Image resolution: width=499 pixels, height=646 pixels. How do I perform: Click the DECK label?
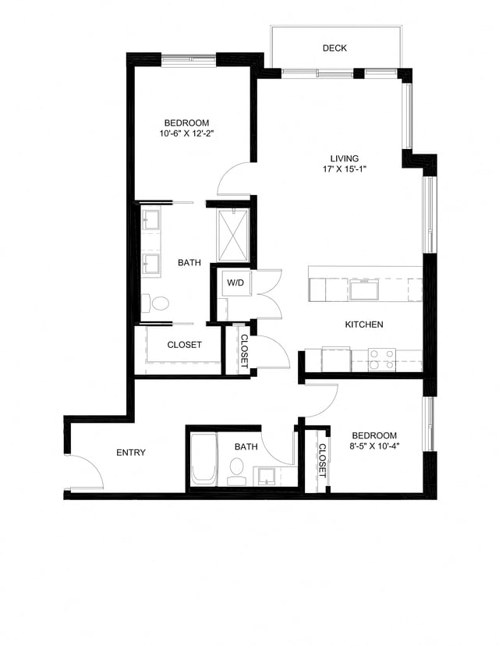coord(334,48)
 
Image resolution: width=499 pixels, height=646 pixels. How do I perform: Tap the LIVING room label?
coord(344,158)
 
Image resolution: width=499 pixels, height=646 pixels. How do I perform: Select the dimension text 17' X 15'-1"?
coord(344,169)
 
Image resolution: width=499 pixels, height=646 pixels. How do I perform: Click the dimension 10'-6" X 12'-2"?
coord(186,133)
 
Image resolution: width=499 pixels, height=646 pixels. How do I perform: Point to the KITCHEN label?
coord(364,324)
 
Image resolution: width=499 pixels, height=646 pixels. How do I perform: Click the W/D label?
coord(235,283)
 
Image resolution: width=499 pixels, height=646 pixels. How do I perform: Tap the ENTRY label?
coord(131,453)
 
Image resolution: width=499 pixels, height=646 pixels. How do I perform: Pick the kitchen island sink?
coord(364,290)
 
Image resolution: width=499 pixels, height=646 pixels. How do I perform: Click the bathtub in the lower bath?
coord(203,460)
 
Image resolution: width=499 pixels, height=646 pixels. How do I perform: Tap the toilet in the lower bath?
coord(236,470)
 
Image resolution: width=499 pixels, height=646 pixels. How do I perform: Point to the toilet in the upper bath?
coord(160,302)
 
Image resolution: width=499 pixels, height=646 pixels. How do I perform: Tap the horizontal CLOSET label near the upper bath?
coord(185,344)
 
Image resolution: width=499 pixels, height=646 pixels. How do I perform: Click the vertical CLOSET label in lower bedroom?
coord(322,460)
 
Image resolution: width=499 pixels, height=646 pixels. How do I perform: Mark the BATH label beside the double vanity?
coord(189,263)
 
